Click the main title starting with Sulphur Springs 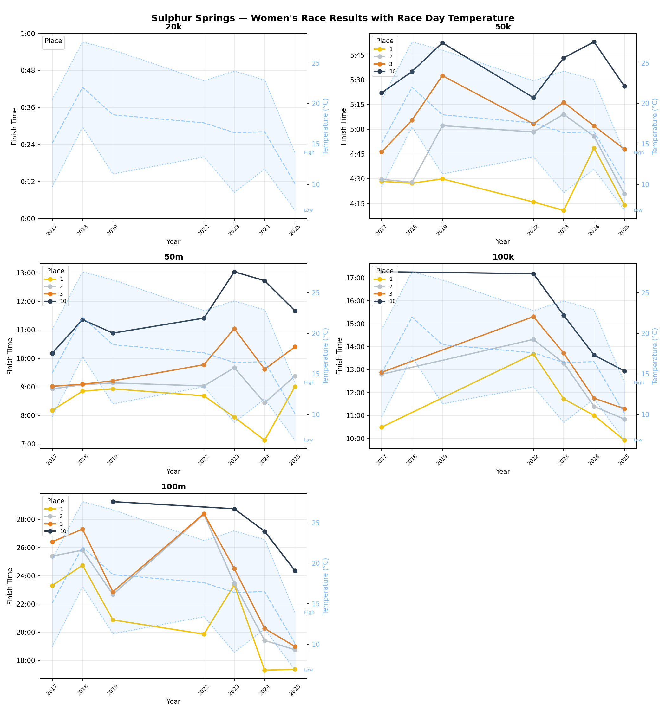point(332,18)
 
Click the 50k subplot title point(502,27)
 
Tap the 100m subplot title point(173,487)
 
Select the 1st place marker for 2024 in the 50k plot point(594,148)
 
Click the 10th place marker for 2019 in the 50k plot point(442,43)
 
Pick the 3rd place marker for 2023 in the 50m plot point(234,329)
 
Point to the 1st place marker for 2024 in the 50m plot point(264,440)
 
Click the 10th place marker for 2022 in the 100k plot point(533,274)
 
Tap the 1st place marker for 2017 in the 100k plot point(382,427)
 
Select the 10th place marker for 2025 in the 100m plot point(295,571)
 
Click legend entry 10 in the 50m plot point(63,301)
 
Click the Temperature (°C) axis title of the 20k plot point(325,126)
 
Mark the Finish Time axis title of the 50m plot point(10,356)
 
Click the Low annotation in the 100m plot point(308,670)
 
